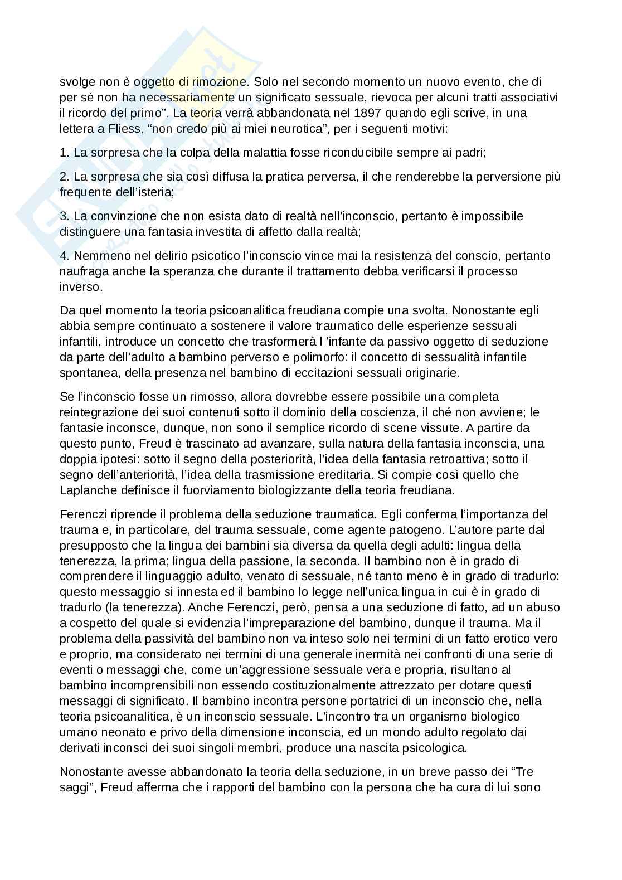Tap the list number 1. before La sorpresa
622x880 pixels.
pyautogui.click(x=64, y=152)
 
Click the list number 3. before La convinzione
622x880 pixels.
pyautogui.click(x=64, y=216)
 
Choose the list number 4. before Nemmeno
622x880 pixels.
pyautogui.click(x=64, y=256)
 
